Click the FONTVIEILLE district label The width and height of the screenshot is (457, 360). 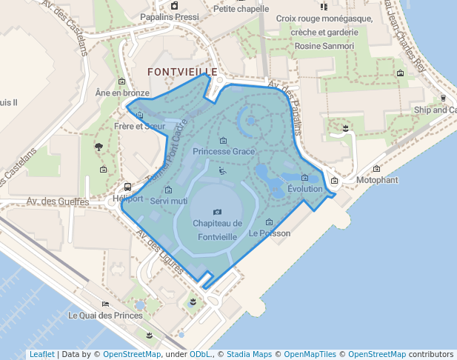pos(182,72)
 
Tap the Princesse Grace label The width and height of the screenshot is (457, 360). pos(224,151)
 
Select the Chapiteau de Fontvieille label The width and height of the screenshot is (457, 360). pos(217,230)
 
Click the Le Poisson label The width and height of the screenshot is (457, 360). pos(270,233)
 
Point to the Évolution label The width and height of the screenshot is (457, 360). pos(305,189)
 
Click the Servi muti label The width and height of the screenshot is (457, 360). pos(168,201)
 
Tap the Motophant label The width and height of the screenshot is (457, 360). pos(377,180)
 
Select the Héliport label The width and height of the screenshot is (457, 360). pos(128,199)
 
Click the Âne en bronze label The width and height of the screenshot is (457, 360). pos(122,93)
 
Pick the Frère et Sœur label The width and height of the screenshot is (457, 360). pos(140,126)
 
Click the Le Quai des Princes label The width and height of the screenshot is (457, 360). pos(105,315)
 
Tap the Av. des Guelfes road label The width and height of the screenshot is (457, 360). pos(58,201)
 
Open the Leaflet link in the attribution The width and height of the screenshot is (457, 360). pos(41,354)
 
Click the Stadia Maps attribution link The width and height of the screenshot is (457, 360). pos(249,354)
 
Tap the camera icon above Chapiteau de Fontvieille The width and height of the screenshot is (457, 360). pos(217,212)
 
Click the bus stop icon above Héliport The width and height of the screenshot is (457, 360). pos(128,187)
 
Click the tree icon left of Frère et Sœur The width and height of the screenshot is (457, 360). pos(99,147)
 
